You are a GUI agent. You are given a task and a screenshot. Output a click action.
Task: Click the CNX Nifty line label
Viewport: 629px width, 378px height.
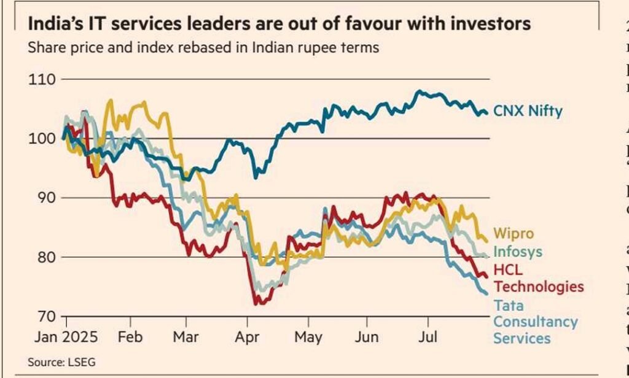(x=528, y=112)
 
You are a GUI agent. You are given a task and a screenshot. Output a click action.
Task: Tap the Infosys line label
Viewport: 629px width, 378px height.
(x=518, y=252)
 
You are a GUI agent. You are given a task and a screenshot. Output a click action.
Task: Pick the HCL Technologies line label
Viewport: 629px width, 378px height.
(x=538, y=278)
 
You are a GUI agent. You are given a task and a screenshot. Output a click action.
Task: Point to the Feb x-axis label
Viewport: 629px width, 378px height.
(x=130, y=337)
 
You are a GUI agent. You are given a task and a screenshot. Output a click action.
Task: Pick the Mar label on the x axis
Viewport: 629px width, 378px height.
(x=186, y=337)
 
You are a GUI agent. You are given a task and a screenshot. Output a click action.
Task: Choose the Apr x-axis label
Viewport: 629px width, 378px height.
(x=246, y=337)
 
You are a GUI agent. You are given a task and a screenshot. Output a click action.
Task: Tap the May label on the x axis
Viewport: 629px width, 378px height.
(x=308, y=337)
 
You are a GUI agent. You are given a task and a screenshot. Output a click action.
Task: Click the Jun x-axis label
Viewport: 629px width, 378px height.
(x=367, y=337)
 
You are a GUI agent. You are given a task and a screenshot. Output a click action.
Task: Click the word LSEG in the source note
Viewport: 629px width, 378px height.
(x=84, y=363)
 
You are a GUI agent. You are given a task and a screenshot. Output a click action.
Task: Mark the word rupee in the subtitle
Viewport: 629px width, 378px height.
(x=306, y=47)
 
